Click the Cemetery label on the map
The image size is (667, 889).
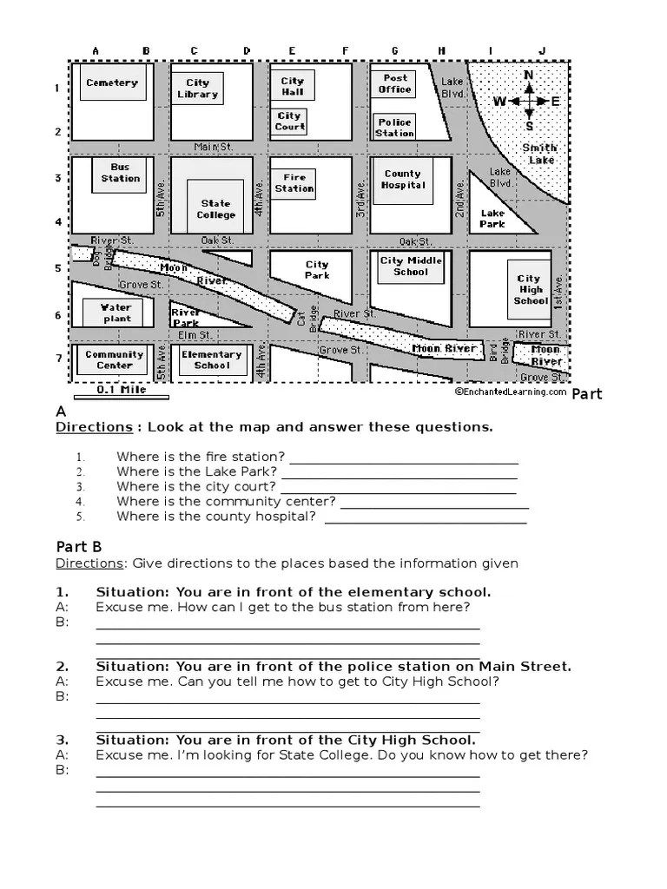(x=112, y=83)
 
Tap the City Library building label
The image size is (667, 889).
(x=197, y=89)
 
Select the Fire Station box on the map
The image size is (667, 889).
(x=294, y=183)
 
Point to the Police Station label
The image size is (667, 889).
(x=394, y=128)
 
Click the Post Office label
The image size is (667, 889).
(x=394, y=83)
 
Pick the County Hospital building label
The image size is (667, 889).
(x=403, y=180)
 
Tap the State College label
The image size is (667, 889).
(x=215, y=209)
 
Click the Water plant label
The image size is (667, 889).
(x=116, y=313)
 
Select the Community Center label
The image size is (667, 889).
(x=115, y=359)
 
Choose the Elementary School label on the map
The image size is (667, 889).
(x=211, y=359)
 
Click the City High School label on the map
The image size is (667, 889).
(x=530, y=290)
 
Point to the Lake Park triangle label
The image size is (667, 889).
(x=492, y=218)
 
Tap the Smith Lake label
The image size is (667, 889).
(x=540, y=154)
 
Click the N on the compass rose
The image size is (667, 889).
(x=528, y=75)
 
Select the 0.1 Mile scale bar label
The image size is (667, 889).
(x=121, y=390)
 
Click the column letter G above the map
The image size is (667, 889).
(x=394, y=51)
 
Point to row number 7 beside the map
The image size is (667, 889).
(x=58, y=358)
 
